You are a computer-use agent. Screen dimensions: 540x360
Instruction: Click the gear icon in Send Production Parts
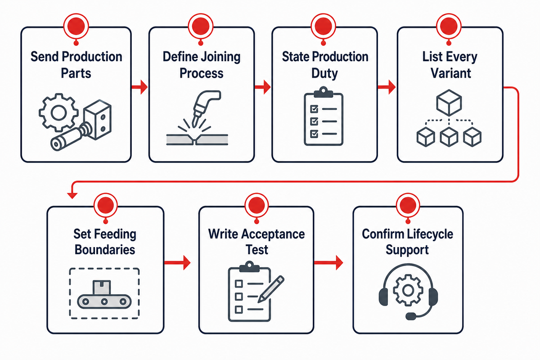[x=58, y=112]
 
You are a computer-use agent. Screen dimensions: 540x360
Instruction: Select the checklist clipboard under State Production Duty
[x=324, y=116]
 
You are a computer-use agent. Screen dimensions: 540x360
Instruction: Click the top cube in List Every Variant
[x=449, y=103]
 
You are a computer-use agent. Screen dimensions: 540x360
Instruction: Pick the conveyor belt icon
[x=104, y=295]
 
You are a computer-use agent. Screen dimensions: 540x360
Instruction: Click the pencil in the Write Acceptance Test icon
[x=271, y=289]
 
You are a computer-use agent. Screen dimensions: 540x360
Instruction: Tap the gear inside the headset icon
[x=408, y=290]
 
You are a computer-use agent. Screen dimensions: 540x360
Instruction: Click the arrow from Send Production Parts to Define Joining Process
[x=139, y=87]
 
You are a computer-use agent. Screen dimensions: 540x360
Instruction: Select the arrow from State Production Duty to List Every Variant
[x=387, y=87]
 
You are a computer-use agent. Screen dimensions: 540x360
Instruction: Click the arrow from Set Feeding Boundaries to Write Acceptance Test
[x=177, y=262]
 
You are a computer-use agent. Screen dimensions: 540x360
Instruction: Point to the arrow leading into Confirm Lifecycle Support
[x=328, y=262]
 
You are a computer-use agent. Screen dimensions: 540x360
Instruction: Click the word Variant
[x=450, y=73]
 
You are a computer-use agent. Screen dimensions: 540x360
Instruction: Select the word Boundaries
[x=105, y=250]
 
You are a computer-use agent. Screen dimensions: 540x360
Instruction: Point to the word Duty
[x=324, y=73]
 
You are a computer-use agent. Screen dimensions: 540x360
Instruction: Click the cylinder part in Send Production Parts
[x=70, y=137]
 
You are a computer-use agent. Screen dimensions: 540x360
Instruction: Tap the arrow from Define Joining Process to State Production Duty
[x=263, y=87]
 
